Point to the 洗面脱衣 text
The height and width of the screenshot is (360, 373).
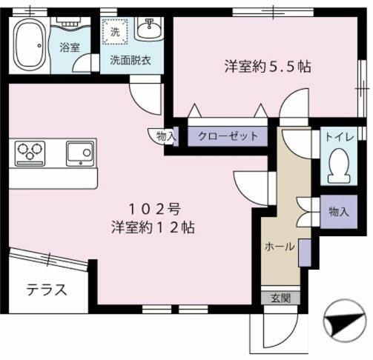point(131,60)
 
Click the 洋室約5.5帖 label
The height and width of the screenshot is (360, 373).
point(267,65)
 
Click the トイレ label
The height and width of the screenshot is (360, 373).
point(338,136)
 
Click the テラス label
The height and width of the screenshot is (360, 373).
point(47,289)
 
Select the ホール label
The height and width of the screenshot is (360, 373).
point(280,246)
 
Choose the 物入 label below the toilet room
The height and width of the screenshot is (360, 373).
point(338,212)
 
